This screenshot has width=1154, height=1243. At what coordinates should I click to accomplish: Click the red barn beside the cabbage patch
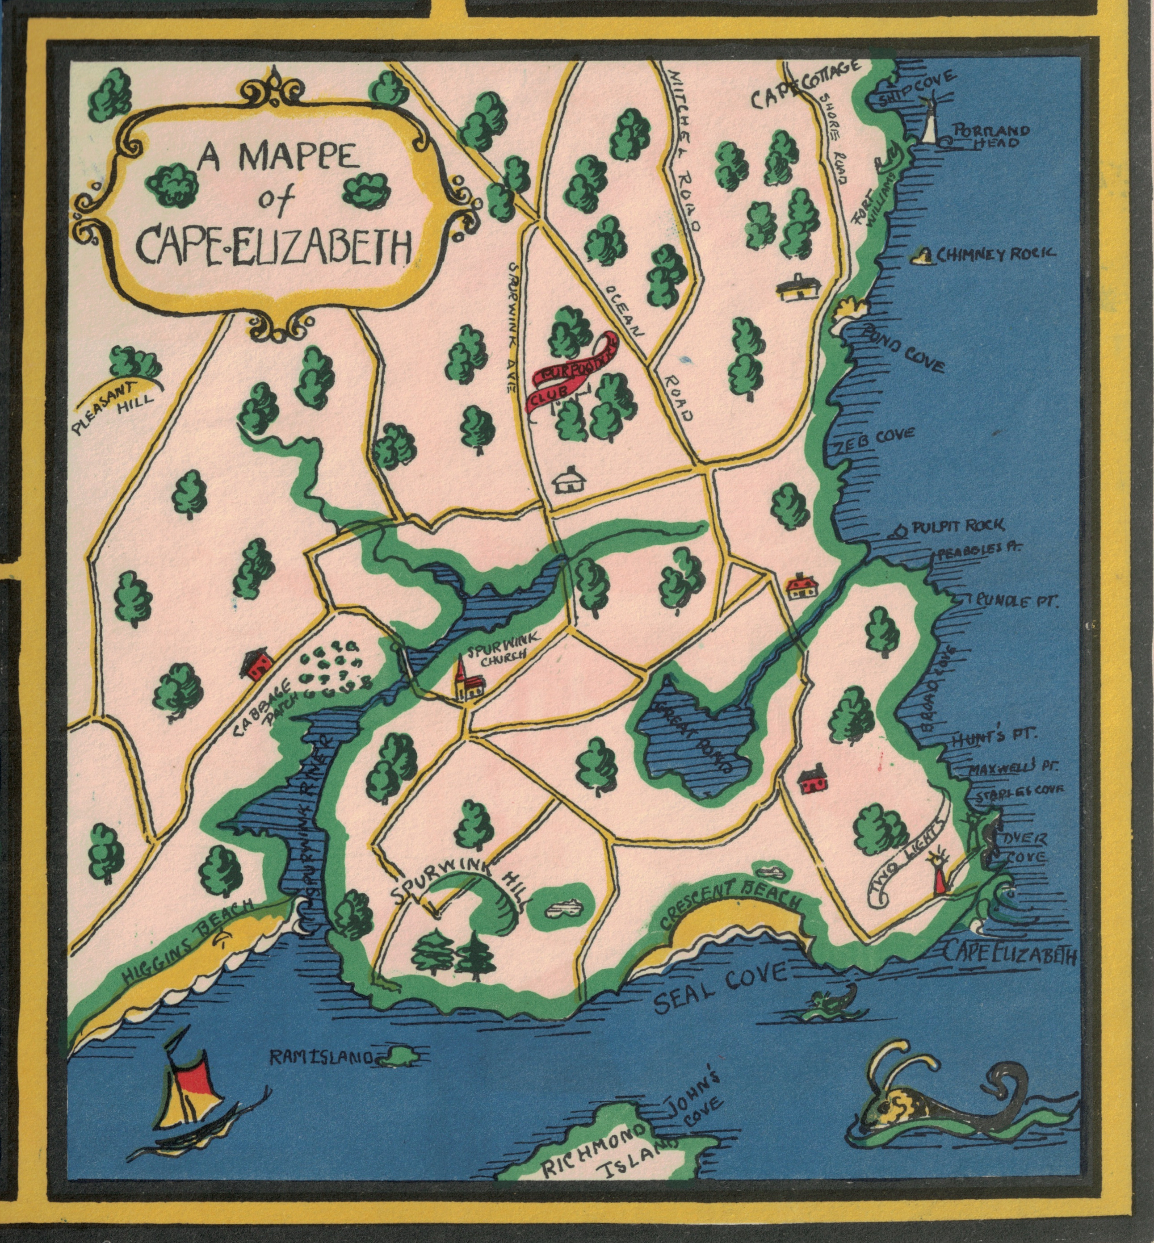click(x=256, y=664)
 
